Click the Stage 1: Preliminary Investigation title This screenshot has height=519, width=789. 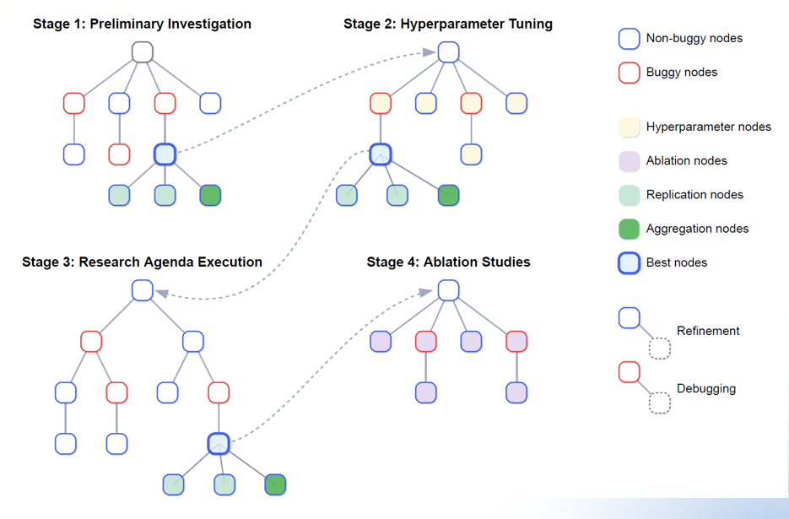tap(142, 24)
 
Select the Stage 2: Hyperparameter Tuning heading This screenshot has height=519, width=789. tap(448, 24)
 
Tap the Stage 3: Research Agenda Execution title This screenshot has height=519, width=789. tap(142, 262)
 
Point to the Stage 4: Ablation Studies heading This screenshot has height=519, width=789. tap(448, 262)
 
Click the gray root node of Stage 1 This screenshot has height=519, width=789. tap(142, 52)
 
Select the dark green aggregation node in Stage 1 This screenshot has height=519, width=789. tap(210, 196)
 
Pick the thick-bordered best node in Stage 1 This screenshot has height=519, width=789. tap(165, 154)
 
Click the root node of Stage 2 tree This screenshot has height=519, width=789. tap(448, 52)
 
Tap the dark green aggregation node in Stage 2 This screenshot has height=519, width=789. tap(448, 196)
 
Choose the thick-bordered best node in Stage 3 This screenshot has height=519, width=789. tap(219, 443)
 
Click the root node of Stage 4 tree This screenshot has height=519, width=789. tap(448, 290)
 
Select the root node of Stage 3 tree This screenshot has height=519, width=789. tap(142, 290)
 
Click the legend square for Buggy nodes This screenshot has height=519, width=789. tap(629, 73)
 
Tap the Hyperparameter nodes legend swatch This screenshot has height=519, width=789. tap(629, 127)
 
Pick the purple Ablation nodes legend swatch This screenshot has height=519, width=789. tap(629, 160)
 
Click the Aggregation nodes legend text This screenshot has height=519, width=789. tap(697, 229)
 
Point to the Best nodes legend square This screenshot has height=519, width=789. tap(629, 262)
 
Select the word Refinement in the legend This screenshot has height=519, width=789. tap(708, 331)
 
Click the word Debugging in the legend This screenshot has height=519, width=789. tap(706, 389)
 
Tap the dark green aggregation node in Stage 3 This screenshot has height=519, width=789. tap(275, 484)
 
